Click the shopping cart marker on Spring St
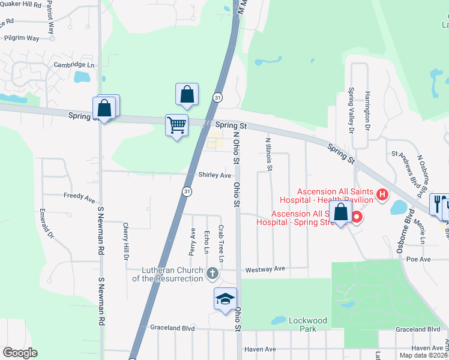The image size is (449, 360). (x=177, y=126)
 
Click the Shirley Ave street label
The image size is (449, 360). (x=215, y=175)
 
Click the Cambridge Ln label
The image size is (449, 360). (x=74, y=65)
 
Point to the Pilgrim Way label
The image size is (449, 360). (x=21, y=38)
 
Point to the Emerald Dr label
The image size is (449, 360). (x=43, y=223)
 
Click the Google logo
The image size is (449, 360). (x=20, y=353)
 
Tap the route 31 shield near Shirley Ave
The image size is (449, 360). (x=187, y=191)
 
